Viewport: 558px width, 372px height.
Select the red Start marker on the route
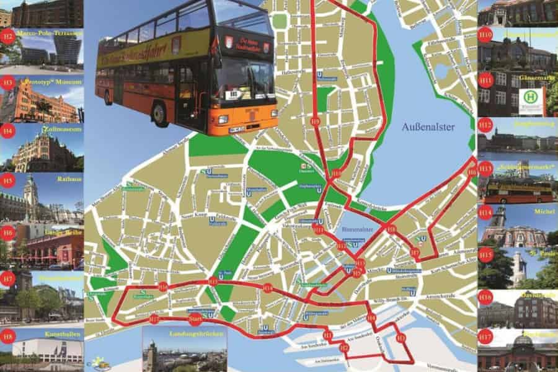(x=195, y=319)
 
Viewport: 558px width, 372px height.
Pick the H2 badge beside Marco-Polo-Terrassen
(x=7, y=37)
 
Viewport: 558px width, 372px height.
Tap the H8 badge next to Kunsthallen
(x=7, y=337)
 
